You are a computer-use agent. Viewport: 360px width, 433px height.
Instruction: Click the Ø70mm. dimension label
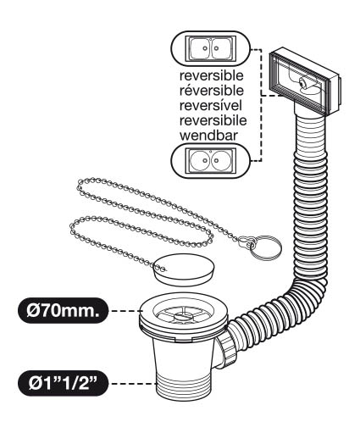tap(63, 311)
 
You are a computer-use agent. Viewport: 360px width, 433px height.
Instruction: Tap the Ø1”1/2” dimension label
tap(63, 383)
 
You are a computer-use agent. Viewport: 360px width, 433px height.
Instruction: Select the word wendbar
tap(208, 136)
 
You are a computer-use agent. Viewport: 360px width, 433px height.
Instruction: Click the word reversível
tap(211, 105)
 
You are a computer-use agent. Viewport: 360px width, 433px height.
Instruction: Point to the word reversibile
tap(213, 120)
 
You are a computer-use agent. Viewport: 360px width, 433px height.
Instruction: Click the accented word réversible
tap(212, 91)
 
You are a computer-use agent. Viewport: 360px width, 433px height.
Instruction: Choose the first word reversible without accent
tap(212, 75)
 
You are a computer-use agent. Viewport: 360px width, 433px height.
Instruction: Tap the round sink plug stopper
tap(185, 269)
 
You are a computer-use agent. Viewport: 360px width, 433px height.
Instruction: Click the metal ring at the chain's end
tap(265, 248)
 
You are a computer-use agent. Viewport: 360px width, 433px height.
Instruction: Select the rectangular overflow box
tap(305, 82)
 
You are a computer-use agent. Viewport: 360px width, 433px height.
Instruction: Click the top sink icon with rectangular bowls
tap(210, 49)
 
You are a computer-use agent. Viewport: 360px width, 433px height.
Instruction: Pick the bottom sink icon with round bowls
tap(210, 160)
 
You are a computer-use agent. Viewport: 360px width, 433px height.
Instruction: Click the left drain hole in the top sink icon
tap(204, 48)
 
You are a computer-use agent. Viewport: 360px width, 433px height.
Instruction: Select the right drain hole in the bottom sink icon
tap(216, 160)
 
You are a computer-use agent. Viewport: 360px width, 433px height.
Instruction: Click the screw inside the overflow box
tap(302, 82)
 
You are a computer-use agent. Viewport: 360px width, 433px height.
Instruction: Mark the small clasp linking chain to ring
tap(245, 242)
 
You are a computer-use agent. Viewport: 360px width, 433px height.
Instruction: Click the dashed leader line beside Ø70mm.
tap(125, 311)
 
